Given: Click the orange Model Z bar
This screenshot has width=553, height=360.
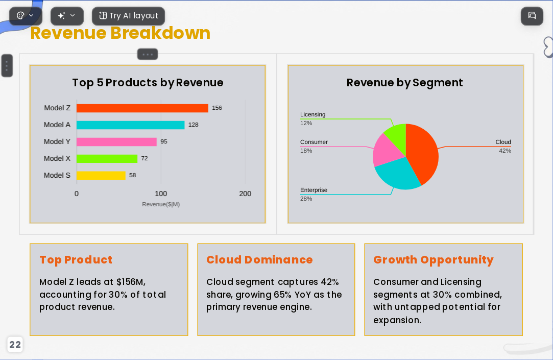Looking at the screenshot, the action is [x=142, y=108].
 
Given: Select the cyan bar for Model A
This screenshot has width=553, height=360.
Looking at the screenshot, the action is [x=131, y=125].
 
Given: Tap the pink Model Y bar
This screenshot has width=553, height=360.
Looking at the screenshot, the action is [x=116, y=142].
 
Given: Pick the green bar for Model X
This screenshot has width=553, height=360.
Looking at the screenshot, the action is [x=107, y=159].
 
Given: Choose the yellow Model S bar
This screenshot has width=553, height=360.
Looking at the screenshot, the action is [x=101, y=175].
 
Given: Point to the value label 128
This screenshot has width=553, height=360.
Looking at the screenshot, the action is [x=193, y=125].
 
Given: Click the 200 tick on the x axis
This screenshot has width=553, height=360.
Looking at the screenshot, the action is [x=245, y=194].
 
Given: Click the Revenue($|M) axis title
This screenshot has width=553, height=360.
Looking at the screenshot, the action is [x=161, y=204].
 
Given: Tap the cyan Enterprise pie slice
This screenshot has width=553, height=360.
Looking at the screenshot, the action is [x=397, y=175].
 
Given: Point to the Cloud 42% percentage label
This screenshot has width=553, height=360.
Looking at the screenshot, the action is [x=505, y=151].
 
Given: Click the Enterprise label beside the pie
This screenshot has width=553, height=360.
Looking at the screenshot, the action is [x=314, y=190].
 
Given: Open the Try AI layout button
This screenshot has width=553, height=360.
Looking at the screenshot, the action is [x=128, y=16].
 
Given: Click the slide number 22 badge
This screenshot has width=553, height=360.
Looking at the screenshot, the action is [x=15, y=345].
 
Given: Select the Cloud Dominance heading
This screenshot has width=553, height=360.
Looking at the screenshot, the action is [x=259, y=260].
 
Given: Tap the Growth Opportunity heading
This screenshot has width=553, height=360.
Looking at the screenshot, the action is [x=433, y=260].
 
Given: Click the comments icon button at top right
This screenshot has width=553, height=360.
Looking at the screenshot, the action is [x=532, y=16].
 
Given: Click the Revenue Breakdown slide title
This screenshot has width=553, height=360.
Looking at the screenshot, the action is [x=121, y=33].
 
